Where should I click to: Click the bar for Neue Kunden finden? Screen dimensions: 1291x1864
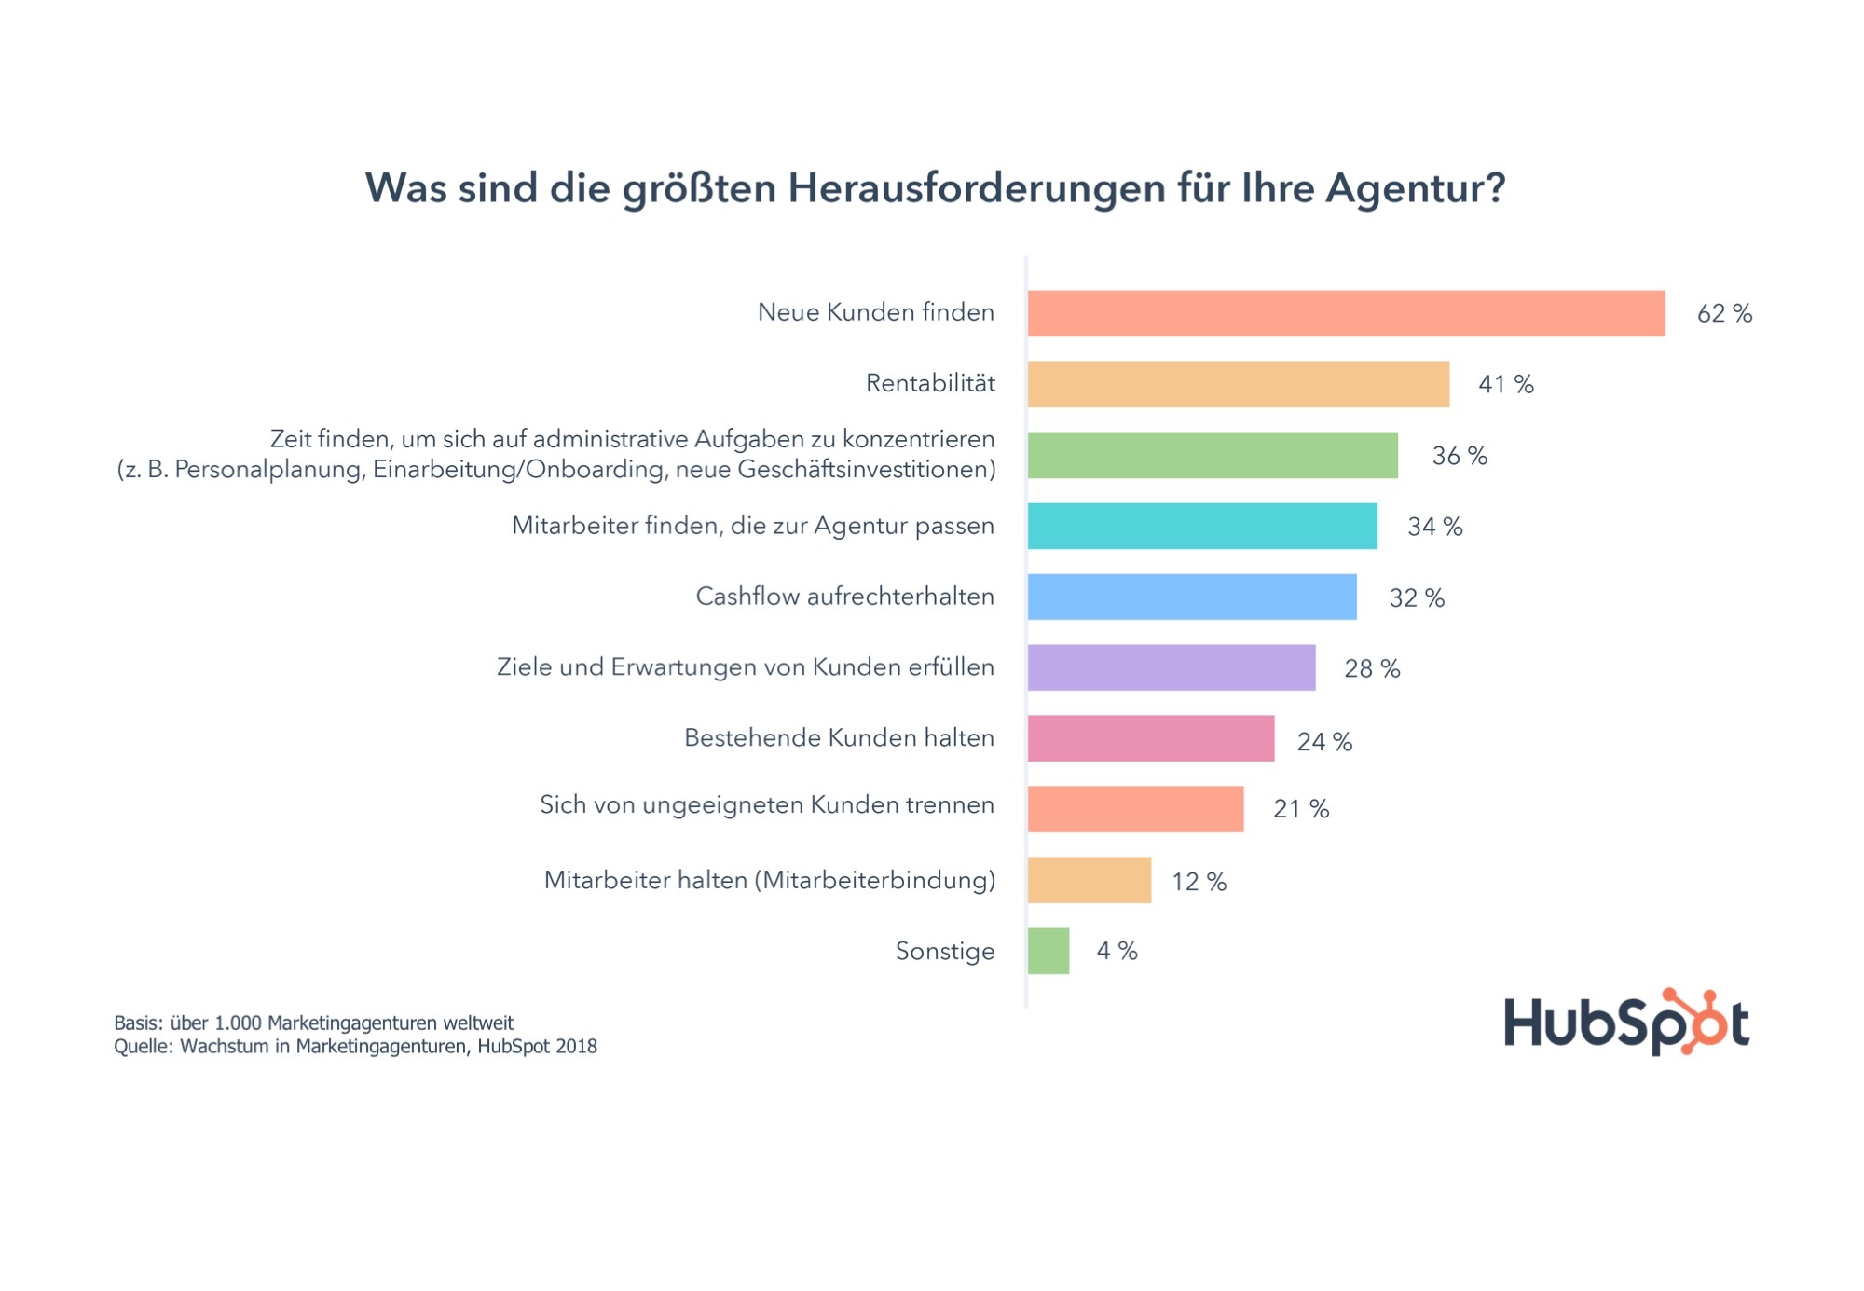[x=1346, y=313]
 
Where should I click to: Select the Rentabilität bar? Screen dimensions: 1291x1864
[x=1238, y=384]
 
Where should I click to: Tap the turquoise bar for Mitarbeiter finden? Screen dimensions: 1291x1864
[x=1202, y=526]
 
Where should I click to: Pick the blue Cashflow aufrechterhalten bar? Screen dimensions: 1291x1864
[x=1192, y=597]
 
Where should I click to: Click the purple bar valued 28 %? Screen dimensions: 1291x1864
[x=1172, y=667]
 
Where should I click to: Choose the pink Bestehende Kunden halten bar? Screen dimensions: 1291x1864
[x=1151, y=738]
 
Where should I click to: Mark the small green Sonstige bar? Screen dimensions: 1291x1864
[x=1048, y=951]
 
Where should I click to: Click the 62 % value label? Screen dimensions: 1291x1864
[x=1724, y=314]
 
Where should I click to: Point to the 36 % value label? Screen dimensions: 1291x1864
[x=1460, y=456]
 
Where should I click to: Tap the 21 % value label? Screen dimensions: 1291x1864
[x=1301, y=809]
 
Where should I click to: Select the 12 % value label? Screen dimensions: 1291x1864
[x=1199, y=882]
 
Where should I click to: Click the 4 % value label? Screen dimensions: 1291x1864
[x=1117, y=951]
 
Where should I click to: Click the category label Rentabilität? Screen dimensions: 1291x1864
[x=930, y=383]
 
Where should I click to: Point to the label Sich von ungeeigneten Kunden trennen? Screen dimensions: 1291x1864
[x=767, y=804]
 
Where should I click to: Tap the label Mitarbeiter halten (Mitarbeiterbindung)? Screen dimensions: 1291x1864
[x=770, y=880]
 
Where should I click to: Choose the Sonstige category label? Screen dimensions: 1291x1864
[x=945, y=951]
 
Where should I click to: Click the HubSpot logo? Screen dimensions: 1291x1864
[x=1626, y=1023]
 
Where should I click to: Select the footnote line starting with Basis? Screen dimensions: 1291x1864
[x=313, y=1023]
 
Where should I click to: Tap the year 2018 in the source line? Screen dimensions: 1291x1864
[x=576, y=1047]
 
